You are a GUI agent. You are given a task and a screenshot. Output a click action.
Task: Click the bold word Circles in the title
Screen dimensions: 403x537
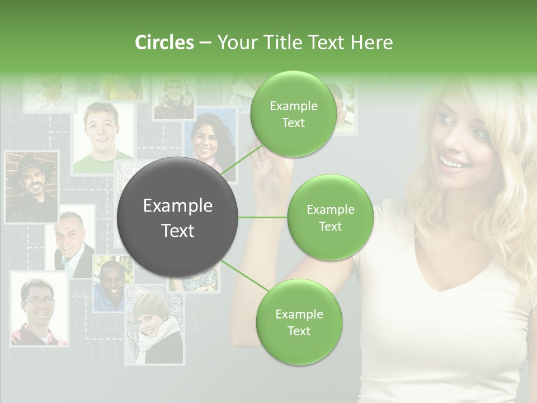[x=164, y=43]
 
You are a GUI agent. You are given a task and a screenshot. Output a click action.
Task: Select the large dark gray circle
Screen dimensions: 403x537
[x=177, y=217]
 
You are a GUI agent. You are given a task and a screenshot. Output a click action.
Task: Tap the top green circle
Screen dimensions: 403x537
[x=293, y=114]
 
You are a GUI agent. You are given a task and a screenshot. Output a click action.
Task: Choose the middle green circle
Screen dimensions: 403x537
[x=330, y=217]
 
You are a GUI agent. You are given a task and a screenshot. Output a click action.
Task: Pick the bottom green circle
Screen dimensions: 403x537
[x=299, y=322]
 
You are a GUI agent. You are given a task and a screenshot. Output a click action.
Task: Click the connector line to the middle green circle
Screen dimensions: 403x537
[x=263, y=217]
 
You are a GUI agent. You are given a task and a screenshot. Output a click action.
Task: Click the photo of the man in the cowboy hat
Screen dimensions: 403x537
[x=31, y=188]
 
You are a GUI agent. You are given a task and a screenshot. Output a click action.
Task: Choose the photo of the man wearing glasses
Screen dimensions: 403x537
[x=39, y=308]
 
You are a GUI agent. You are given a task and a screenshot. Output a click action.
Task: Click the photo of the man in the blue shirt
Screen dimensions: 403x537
[x=109, y=285]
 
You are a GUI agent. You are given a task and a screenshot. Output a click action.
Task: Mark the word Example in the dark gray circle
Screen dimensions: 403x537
[x=177, y=206]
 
